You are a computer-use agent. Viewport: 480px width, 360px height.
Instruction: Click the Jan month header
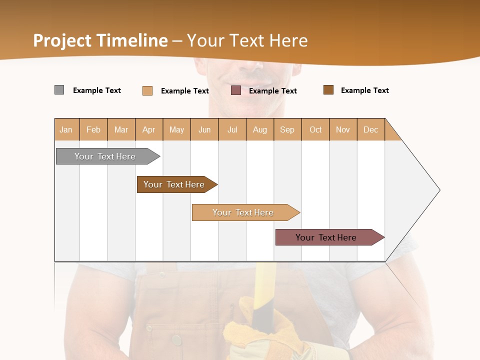(66, 129)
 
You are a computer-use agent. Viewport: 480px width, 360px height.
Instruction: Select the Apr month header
(149, 129)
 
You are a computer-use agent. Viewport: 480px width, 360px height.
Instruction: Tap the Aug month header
(260, 129)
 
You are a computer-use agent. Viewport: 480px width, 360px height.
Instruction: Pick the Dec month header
(370, 129)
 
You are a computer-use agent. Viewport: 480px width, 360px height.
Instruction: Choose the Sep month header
(287, 129)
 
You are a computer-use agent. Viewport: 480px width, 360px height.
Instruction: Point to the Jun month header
(204, 129)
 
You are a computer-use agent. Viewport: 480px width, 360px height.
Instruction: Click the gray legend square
(59, 90)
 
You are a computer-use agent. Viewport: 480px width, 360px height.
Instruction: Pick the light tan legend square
(147, 90)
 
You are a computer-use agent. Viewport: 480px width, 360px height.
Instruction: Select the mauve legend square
(236, 90)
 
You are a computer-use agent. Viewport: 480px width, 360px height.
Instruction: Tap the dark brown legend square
(328, 90)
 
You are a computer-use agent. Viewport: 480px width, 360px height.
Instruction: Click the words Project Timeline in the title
(100, 40)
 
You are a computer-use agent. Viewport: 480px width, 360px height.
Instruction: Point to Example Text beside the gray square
(97, 90)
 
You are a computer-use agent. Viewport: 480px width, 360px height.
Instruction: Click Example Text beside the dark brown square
(365, 90)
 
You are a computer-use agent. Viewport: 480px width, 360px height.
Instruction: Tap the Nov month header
(343, 129)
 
